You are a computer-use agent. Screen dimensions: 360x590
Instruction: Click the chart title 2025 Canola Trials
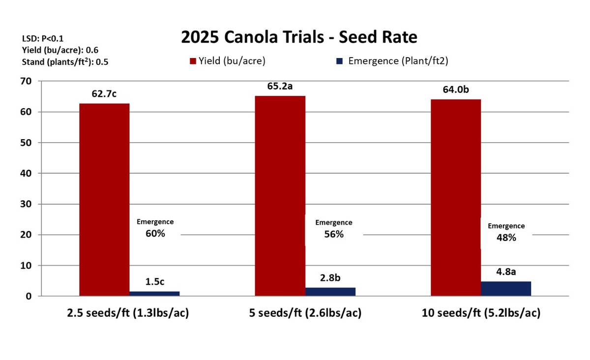click(299, 37)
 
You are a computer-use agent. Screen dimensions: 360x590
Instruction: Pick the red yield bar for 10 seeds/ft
click(455, 197)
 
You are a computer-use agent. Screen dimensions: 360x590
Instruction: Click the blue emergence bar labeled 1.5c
click(154, 294)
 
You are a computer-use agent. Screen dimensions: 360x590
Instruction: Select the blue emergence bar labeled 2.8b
click(330, 292)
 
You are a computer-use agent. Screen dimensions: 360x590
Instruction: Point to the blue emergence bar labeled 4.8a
click(505, 289)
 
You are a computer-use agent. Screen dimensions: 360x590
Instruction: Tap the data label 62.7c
click(104, 94)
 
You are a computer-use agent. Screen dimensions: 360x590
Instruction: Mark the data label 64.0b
click(455, 90)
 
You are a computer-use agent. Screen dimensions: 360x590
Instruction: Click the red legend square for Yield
click(193, 61)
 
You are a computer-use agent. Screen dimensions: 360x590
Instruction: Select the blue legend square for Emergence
click(339, 61)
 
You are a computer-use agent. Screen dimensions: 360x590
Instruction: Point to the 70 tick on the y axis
click(26, 81)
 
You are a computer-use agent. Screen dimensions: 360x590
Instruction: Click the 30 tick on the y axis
click(26, 204)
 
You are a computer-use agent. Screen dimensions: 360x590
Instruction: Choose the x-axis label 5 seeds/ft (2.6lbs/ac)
click(305, 313)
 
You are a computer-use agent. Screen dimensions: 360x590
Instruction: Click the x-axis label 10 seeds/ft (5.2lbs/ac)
click(481, 313)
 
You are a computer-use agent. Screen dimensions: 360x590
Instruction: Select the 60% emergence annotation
click(155, 234)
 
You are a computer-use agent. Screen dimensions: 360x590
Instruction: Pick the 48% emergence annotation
click(506, 238)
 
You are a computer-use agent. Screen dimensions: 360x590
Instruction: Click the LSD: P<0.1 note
click(43, 38)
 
